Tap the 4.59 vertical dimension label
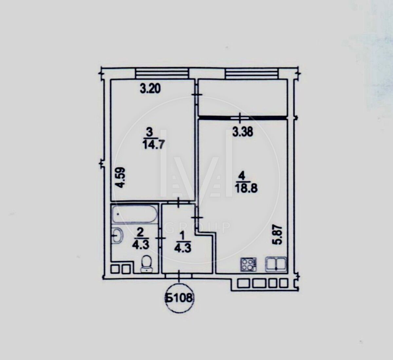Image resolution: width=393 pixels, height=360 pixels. [x=119, y=178]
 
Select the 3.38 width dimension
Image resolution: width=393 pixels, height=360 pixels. [x=243, y=132]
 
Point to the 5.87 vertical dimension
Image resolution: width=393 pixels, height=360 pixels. [x=278, y=235]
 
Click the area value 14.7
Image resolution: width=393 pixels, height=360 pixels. [x=153, y=145]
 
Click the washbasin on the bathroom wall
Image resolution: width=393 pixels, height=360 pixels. [x=117, y=236]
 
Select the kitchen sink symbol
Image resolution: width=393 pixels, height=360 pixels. [x=276, y=264]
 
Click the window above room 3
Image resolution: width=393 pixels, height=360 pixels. [x=162, y=73]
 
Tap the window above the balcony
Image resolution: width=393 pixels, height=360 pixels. [x=252, y=73]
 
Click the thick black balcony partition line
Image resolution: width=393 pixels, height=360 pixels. [x=242, y=118]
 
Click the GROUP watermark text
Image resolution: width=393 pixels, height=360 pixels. [x=198, y=228]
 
